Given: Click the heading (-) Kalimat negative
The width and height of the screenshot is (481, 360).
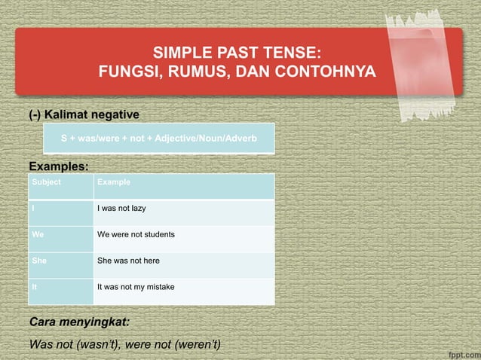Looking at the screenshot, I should coord(84,114).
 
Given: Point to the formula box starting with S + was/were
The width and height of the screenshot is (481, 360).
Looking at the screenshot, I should coord(158,139).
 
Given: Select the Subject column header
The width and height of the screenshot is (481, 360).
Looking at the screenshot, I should coord(47,182).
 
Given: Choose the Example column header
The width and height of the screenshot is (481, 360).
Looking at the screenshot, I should coord(114,182).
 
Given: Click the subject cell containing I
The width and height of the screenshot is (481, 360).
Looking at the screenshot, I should coord(34,209).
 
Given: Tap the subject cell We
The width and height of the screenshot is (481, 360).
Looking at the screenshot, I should coord(38,235).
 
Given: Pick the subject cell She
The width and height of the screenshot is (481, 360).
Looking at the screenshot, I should coord(39,261).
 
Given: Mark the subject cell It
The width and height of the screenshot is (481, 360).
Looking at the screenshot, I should coord(35,288).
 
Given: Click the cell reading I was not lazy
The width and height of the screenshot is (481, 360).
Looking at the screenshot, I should coord(127,209).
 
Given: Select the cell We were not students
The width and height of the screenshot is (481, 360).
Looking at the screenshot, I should coord(136,235).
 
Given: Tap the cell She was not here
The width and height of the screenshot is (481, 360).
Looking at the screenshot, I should coord(129,261).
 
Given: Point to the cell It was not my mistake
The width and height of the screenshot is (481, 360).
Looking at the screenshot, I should coord(139,288).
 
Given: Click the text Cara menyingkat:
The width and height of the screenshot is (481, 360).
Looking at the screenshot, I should coord(79,322).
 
